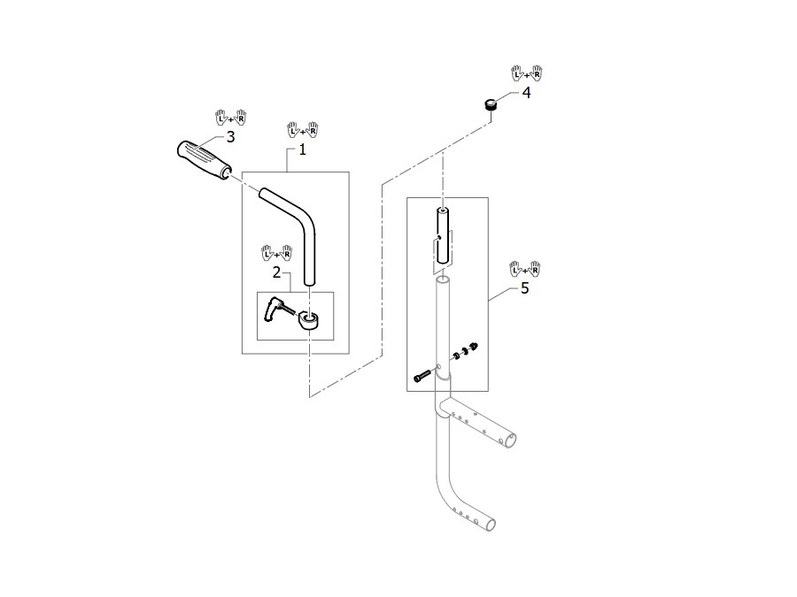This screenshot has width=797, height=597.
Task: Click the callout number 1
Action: pos(303,149)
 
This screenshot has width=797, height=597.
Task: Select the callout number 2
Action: pos(276,272)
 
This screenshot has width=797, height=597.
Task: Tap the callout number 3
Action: pos(230,136)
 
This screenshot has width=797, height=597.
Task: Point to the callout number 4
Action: pos(526,92)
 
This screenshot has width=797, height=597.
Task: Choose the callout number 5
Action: pos(524,287)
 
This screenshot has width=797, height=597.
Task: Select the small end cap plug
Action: pos(490,104)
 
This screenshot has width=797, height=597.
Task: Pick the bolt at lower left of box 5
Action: pos(422,377)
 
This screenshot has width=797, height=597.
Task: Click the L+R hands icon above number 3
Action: pos(231,118)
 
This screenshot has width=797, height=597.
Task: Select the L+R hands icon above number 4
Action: pos(527,73)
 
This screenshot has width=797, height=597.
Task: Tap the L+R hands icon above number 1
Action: pos(303,130)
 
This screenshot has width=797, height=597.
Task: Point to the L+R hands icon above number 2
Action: pos(277,253)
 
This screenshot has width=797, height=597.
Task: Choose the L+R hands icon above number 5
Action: pos(525,269)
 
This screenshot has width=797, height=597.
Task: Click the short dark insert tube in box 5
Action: pos(444,235)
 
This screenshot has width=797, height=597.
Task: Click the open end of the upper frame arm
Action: pos(510,440)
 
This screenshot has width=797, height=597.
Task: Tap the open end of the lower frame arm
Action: pos(489,524)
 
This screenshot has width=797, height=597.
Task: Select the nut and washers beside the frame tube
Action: pos(464,351)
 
